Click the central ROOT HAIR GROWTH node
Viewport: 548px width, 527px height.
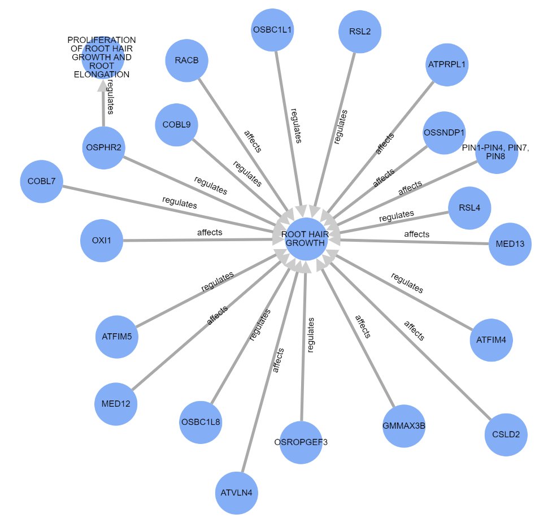tap(306, 239)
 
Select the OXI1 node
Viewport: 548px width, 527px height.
tap(102, 241)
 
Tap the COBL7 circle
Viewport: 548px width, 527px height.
tap(41, 181)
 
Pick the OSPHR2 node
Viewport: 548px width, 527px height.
tap(103, 147)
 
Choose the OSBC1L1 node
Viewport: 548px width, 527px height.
tap(273, 30)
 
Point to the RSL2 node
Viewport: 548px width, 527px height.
tap(360, 32)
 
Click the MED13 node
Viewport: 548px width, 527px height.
tap(510, 244)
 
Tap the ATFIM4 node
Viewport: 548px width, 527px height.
tap(491, 341)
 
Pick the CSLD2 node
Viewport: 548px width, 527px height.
tap(506, 435)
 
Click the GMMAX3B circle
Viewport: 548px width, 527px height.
tap(403, 426)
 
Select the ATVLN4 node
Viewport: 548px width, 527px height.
tap(237, 493)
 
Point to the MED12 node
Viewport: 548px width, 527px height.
tap(115, 404)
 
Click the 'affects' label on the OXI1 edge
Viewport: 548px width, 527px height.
tap(210, 232)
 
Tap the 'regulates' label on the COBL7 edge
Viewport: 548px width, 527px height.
tap(180, 202)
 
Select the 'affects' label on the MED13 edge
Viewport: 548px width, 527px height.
tap(417, 234)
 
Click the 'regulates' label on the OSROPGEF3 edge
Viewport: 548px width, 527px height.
tap(311, 335)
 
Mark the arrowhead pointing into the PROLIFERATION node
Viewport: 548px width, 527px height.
tap(103, 85)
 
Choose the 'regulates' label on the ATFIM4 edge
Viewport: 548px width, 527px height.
tap(407, 284)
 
